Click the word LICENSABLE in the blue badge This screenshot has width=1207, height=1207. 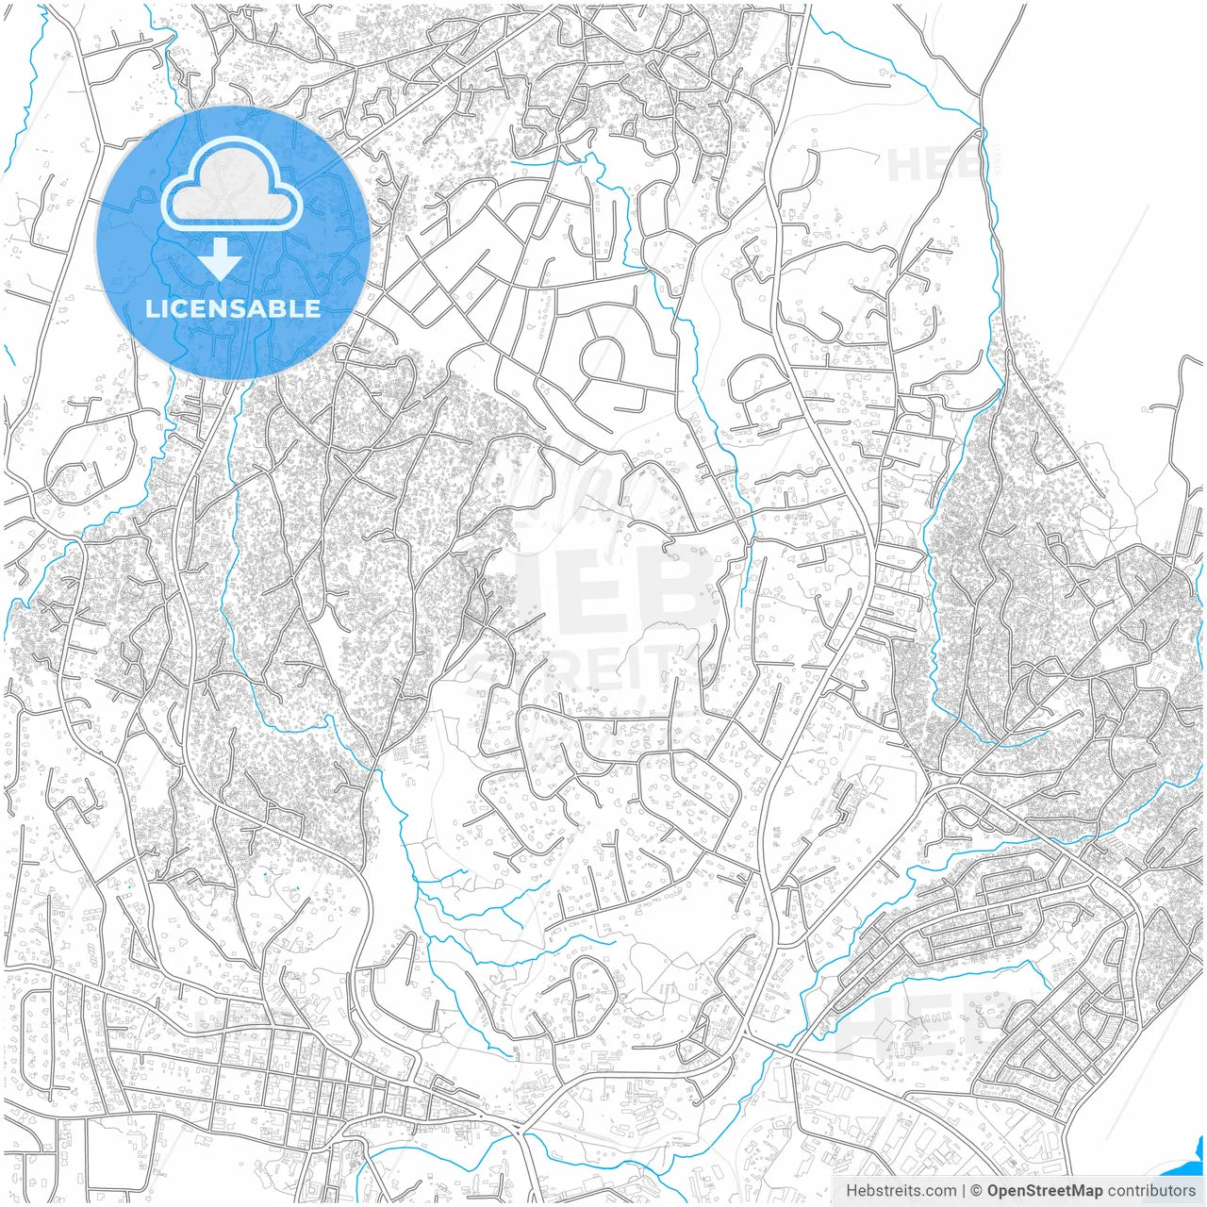point(232,308)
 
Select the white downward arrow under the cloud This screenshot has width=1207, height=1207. point(221,258)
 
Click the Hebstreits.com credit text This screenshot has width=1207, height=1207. point(901,1191)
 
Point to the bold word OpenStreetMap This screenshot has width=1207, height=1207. point(1045,1191)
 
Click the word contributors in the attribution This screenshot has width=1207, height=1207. point(1151,1191)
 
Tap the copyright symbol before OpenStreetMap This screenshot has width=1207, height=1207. point(976,1191)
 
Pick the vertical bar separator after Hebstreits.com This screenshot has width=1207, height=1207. point(963,1191)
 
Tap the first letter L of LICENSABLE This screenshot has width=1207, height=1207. point(151,308)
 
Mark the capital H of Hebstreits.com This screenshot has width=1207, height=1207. point(852,1191)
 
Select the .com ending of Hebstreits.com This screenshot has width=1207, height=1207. point(938,1191)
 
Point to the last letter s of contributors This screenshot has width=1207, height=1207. point(1192,1191)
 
